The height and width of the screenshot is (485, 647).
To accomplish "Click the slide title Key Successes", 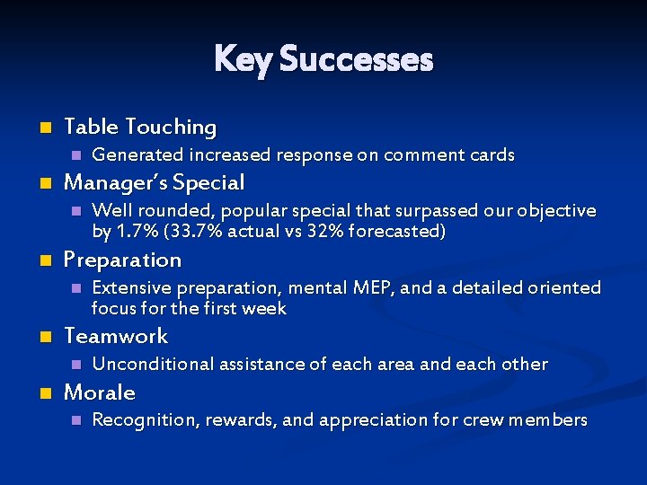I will (323, 59).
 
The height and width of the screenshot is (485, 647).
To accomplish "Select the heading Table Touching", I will (140, 127).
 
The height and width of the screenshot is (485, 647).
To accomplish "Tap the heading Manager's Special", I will (154, 182).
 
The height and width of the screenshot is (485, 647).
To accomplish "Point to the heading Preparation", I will (122, 260).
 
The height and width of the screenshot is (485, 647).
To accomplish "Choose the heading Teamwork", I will (116, 336).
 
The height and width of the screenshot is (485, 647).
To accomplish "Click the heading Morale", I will (99, 392).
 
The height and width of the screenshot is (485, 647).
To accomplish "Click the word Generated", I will (131, 154).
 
